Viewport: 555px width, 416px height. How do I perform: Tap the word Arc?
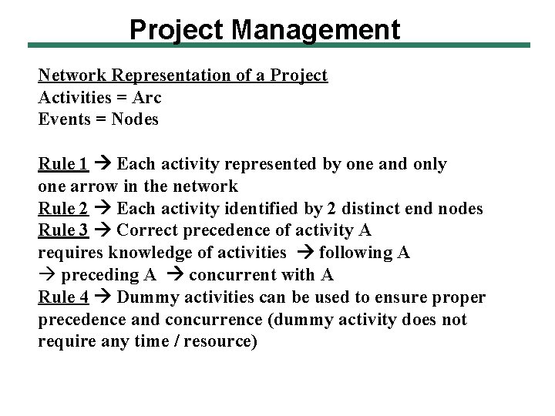pyautogui.click(x=146, y=98)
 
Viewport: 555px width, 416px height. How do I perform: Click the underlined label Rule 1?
pyautogui.click(x=62, y=164)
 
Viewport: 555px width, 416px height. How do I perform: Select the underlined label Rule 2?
pyautogui.click(x=62, y=208)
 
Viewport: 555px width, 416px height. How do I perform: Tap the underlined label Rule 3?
pyautogui.click(x=62, y=230)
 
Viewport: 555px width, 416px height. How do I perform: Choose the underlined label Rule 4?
pyautogui.click(x=62, y=297)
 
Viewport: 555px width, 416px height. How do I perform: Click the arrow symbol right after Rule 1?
pyautogui.click(x=102, y=164)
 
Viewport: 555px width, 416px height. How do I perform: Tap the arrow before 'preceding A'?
pyautogui.click(x=47, y=275)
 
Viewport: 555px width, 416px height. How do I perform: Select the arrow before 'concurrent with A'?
pyautogui.click(x=175, y=275)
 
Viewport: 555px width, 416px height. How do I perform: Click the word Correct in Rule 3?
pyautogui.click(x=146, y=230)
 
